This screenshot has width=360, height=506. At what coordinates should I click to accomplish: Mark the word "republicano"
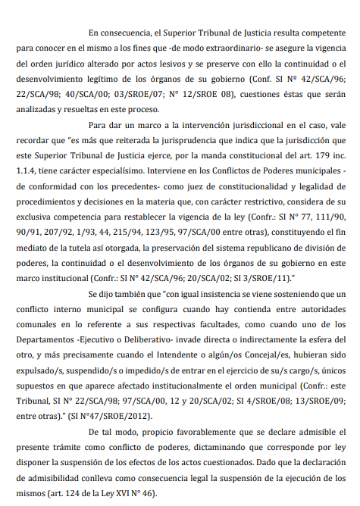tap(255, 245)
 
